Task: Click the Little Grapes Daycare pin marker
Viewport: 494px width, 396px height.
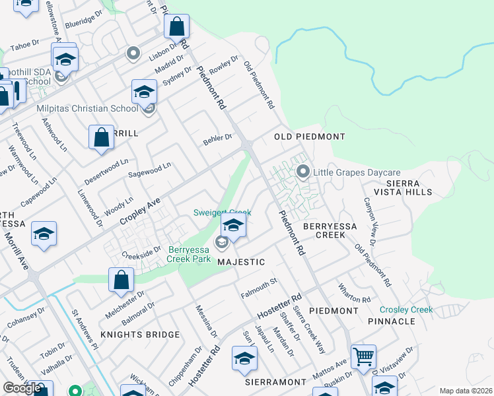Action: point(303,172)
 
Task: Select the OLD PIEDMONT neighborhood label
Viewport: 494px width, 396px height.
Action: point(310,137)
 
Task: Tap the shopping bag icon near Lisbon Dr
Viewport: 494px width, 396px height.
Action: point(176,28)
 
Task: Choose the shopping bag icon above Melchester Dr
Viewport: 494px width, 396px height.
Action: point(122,279)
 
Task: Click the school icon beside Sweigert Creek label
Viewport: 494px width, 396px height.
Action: point(233,226)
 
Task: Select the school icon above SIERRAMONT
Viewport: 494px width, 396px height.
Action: point(244,359)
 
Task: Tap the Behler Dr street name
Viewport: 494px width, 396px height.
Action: point(218,139)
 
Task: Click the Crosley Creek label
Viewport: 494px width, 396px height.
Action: point(406,310)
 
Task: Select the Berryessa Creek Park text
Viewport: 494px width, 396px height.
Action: point(180,254)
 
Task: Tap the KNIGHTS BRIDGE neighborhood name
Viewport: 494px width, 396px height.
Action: point(139,335)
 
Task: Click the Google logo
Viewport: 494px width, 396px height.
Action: point(22,388)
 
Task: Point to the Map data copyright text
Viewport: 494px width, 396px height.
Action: point(466,391)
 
